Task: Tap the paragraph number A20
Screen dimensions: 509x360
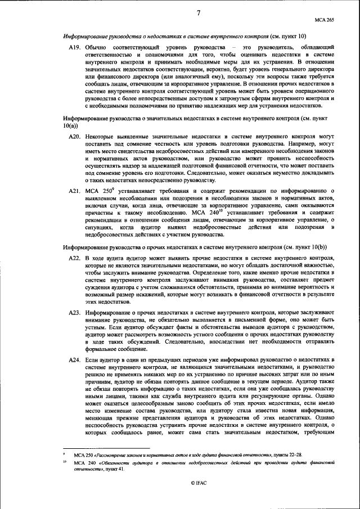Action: pyautogui.click(x=74, y=136)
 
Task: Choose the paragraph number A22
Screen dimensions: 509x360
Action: pyautogui.click(x=74, y=258)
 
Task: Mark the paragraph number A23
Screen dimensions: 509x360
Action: pyautogui.click(x=74, y=311)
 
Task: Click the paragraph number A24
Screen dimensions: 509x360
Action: pyautogui.click(x=74, y=359)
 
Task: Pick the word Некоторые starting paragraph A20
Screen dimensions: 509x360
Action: pyautogui.click(x=101, y=136)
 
